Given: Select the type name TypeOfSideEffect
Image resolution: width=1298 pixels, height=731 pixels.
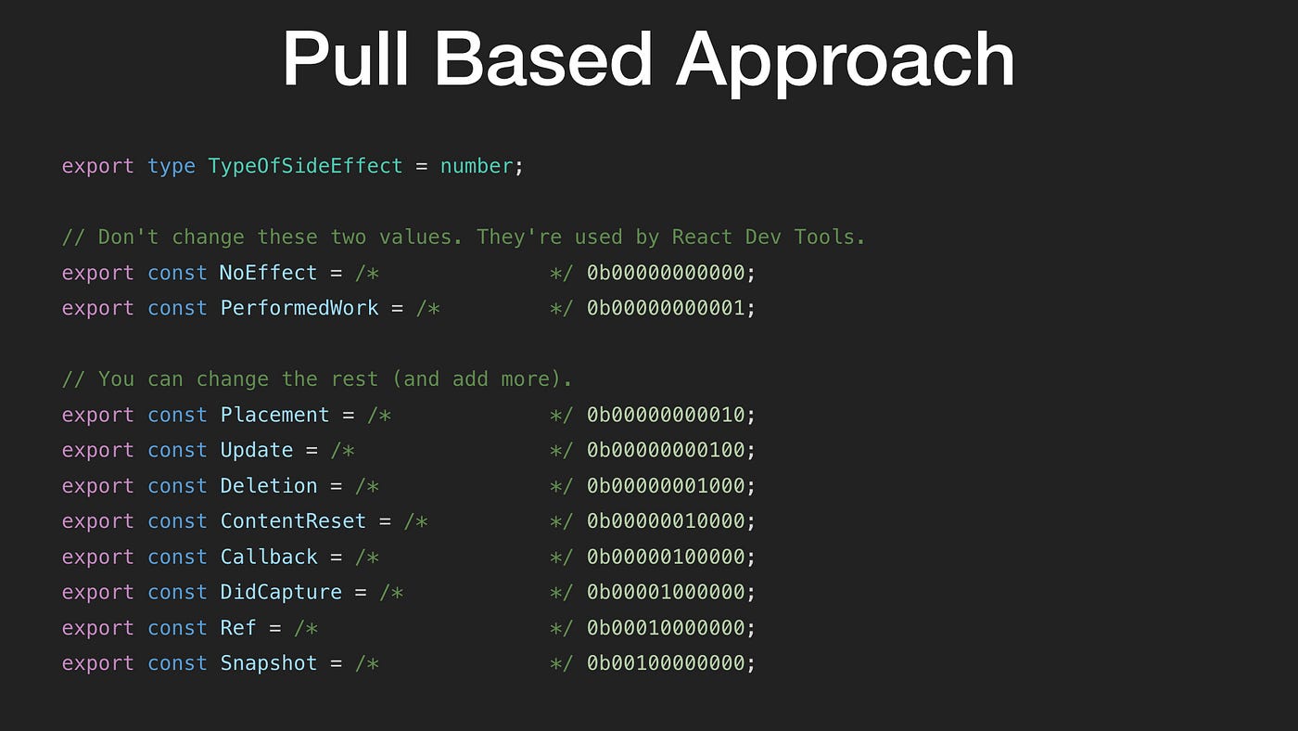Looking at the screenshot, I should tap(305, 166).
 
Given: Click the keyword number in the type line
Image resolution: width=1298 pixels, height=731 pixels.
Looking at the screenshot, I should tap(477, 166).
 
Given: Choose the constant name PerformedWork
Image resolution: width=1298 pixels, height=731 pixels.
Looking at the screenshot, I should tap(299, 308).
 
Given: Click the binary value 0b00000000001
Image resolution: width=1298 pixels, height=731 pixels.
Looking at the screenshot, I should tap(666, 308).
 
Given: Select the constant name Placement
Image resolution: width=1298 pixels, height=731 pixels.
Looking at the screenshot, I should tap(274, 415).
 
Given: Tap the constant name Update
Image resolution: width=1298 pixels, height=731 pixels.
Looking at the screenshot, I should tap(256, 450).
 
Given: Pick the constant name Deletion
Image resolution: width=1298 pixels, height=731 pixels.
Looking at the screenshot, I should tap(268, 485).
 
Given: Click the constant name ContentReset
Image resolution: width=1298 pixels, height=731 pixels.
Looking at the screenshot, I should tap(293, 521).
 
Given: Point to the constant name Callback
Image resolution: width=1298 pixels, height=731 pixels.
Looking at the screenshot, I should tap(268, 557).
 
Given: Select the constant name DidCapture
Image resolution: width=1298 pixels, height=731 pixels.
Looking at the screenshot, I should tap(281, 592).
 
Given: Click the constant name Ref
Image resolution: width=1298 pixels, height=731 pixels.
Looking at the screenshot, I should tap(238, 628).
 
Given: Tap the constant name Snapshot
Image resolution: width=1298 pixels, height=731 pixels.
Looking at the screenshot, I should tap(268, 663).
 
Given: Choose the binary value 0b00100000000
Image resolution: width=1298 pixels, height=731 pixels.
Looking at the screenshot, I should tap(666, 663).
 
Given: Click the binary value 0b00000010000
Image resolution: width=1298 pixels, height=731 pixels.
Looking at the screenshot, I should tap(666, 521).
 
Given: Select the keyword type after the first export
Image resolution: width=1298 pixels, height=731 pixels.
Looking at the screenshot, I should tap(172, 166).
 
